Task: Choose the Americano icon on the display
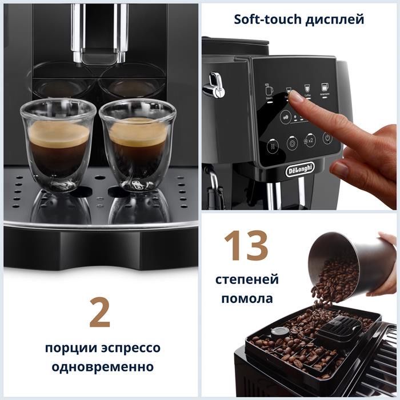(x=325, y=89)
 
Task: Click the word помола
(x=247, y=298)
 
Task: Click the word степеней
(x=247, y=280)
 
